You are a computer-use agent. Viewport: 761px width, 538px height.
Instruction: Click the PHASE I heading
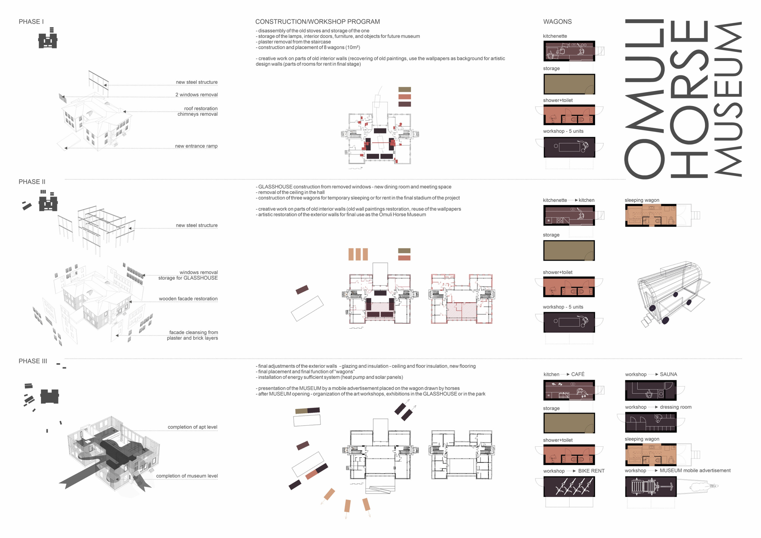(31, 22)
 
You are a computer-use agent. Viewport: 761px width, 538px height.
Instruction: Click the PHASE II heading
(32, 182)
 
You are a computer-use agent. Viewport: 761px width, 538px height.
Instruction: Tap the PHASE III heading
(33, 361)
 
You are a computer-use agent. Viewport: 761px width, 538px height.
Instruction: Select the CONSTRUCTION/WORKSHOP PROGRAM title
(317, 22)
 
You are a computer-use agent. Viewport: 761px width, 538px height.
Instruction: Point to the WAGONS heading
(557, 22)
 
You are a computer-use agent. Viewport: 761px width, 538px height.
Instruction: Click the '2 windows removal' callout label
(197, 95)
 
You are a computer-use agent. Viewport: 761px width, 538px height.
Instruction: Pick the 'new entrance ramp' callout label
(196, 146)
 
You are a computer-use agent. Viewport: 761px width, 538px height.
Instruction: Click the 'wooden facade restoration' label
(188, 299)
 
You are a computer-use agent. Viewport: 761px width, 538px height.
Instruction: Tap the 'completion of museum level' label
(187, 476)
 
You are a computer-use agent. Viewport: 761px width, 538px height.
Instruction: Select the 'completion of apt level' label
(193, 427)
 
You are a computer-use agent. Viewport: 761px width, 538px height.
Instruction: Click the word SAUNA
(668, 374)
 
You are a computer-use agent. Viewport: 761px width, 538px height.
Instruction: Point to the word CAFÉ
(578, 374)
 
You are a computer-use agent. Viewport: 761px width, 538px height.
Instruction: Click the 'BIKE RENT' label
(591, 471)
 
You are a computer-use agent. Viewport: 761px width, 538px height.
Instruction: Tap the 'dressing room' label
(675, 407)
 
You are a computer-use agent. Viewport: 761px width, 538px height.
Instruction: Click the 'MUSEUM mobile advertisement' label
(695, 471)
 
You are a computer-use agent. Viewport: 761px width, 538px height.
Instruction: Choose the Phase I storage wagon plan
(569, 84)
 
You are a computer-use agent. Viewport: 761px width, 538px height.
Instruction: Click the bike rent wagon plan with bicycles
(569, 487)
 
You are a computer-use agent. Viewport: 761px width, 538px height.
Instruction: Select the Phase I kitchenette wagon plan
(569, 51)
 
